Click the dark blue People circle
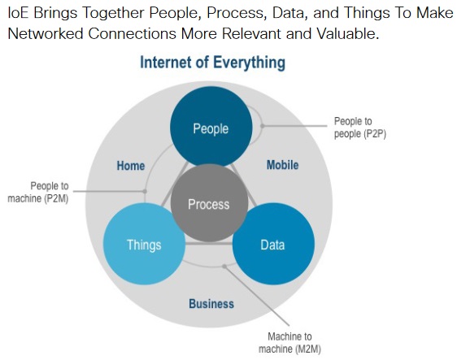tap(211, 127)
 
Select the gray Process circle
tap(209, 203)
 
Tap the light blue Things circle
tap(144, 244)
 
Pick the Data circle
tap(273, 244)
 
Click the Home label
tap(131, 166)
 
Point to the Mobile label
tap(283, 165)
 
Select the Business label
tap(211, 304)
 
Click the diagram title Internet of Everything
tap(213, 63)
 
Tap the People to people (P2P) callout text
tap(360, 128)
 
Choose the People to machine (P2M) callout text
tap(38, 192)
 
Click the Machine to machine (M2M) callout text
tap(289, 342)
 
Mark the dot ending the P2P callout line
tap(263, 126)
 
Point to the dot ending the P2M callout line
tap(145, 191)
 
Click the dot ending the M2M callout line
tap(224, 267)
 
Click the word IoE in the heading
tap(19, 13)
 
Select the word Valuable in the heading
tap(347, 34)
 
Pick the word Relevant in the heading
tap(252, 34)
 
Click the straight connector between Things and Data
tap(209, 243)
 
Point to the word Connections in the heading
tap(132, 34)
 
